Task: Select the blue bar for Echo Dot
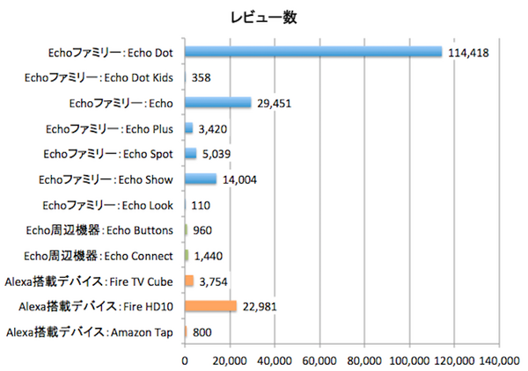point(313,52)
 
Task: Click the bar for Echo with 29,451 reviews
point(217,103)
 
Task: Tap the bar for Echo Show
point(201,179)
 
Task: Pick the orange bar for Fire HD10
point(210,306)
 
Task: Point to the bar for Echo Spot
point(190,154)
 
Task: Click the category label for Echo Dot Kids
point(101,77)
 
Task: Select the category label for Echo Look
point(109,205)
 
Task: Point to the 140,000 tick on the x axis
point(500,360)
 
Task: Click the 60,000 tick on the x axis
point(319,360)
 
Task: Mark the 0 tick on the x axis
point(185,360)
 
